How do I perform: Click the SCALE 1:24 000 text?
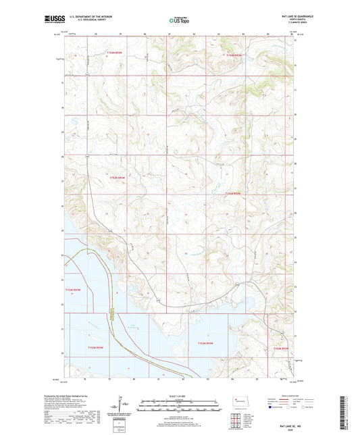180,395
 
